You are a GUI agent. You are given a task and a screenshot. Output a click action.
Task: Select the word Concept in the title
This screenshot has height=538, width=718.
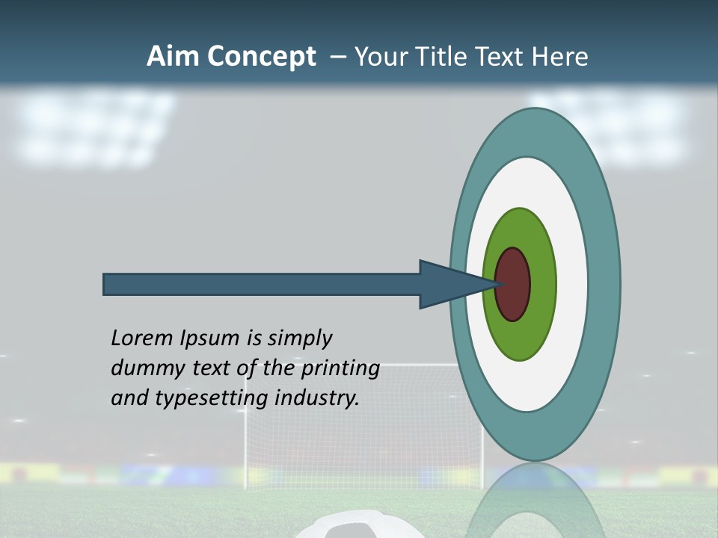coord(262,58)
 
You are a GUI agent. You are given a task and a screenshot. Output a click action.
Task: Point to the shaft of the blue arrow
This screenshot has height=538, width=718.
coord(262,285)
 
